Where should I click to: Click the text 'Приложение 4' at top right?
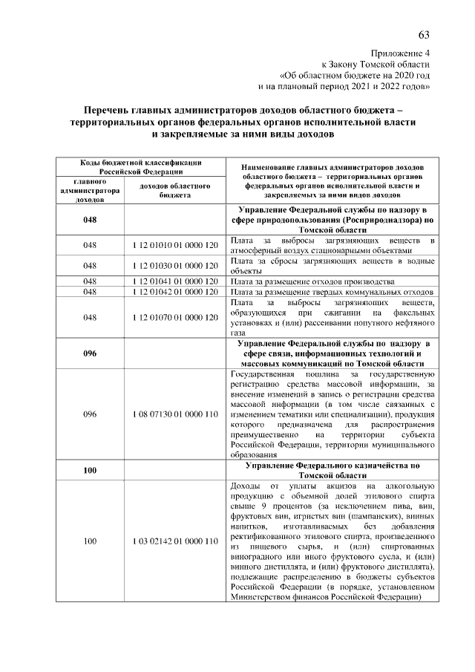400,54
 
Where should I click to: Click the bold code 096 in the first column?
90,353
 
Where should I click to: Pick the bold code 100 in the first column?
90,470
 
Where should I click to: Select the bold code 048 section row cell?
90,221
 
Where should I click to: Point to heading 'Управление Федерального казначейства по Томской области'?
332,470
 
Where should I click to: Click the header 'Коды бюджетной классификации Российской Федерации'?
141,166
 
